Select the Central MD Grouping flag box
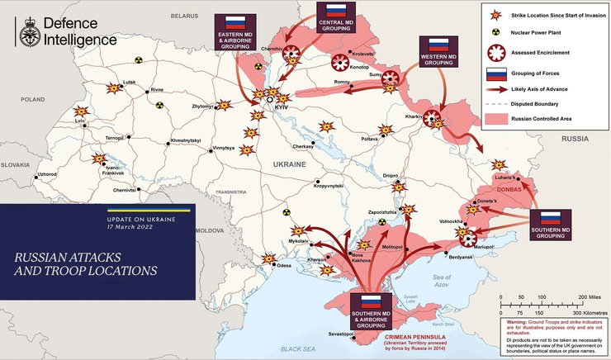(335, 21)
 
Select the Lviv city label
(79, 121)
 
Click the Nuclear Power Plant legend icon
(495, 35)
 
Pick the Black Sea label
(299, 350)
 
